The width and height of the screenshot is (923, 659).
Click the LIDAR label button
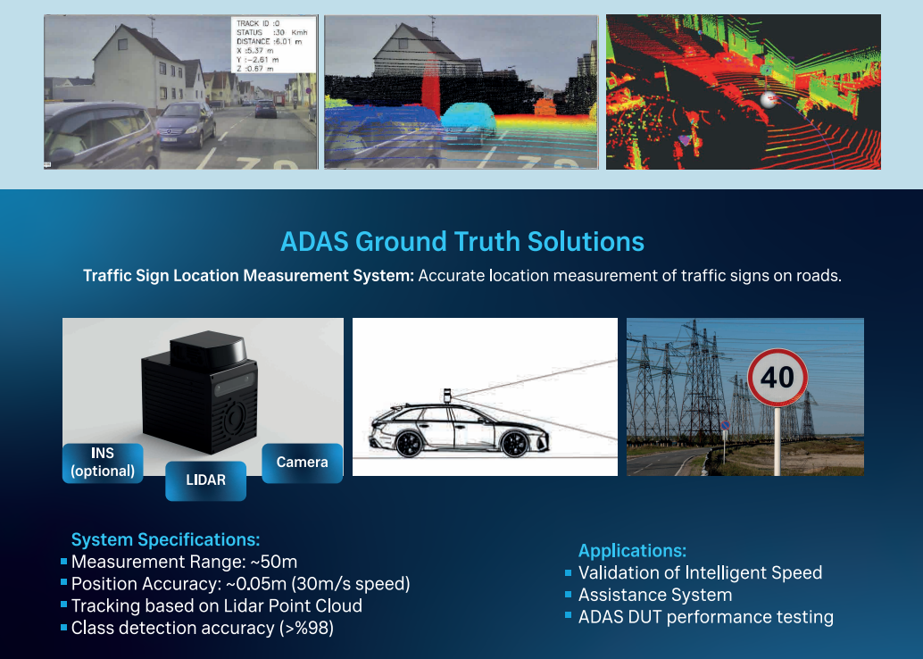point(205,480)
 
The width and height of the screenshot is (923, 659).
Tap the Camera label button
point(302,463)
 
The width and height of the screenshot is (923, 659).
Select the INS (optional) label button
point(103,463)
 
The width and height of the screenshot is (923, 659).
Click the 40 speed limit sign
point(777,378)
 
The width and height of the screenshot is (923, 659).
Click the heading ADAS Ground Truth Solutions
point(462,241)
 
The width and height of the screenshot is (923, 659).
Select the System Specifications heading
point(165,539)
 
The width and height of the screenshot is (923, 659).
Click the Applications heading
point(632,551)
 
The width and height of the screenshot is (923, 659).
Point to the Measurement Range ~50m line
point(184,562)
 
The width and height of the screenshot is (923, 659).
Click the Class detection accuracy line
point(203,628)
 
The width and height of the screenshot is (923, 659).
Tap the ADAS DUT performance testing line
point(706,617)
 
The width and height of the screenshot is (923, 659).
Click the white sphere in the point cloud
point(769,99)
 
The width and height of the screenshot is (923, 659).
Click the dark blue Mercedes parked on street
point(186,124)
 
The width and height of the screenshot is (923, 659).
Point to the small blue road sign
point(725,425)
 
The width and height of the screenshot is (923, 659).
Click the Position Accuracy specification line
point(241,584)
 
